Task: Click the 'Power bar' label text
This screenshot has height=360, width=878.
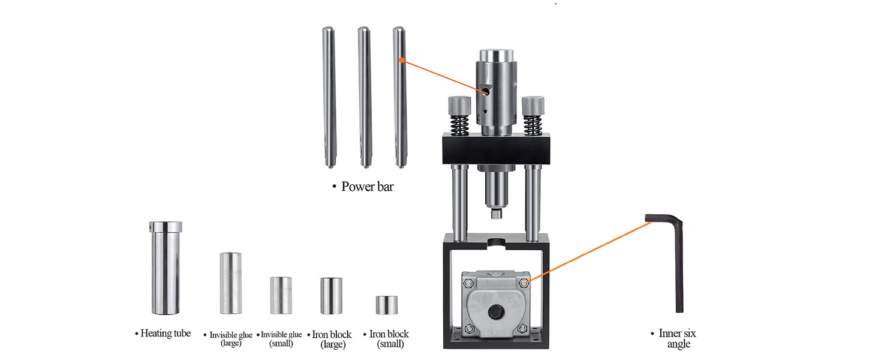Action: point(367,187)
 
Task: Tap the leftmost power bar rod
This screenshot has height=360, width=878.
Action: point(329,97)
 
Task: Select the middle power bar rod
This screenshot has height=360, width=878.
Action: point(364,97)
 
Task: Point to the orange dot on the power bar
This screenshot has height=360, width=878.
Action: point(401,60)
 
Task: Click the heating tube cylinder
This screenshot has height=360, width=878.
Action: point(166,268)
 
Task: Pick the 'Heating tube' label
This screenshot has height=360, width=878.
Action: point(166,334)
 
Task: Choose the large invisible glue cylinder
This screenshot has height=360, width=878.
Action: point(230,283)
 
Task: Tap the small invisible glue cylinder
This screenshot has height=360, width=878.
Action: point(281,295)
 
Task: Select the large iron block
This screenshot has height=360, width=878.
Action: point(331,296)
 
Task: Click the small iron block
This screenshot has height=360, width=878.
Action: point(387,305)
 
